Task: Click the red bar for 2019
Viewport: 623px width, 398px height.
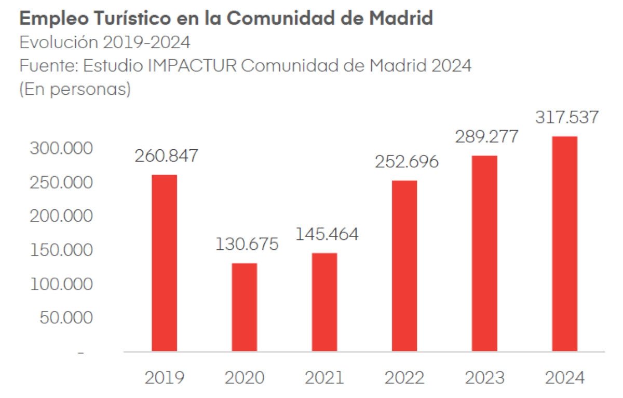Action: tap(164, 263)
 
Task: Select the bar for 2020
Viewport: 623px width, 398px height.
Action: tap(244, 307)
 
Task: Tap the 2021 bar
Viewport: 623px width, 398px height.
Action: tap(324, 302)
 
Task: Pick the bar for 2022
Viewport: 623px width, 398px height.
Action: tap(404, 265)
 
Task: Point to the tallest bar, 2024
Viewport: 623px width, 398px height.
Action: tap(564, 244)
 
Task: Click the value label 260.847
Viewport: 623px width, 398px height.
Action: tap(167, 156)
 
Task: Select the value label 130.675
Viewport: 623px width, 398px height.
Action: tap(247, 245)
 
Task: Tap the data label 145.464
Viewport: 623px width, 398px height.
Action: tap(327, 234)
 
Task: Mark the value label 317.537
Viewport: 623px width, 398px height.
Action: tap(567, 117)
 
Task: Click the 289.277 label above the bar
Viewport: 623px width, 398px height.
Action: tap(486, 137)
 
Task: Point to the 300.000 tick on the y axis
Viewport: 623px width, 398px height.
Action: tap(61, 149)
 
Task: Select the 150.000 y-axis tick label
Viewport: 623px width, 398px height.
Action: tap(61, 250)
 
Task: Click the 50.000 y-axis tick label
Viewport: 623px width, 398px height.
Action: tap(66, 318)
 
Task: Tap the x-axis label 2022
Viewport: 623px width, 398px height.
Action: tap(404, 377)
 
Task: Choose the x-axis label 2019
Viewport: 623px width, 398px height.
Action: tap(164, 377)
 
